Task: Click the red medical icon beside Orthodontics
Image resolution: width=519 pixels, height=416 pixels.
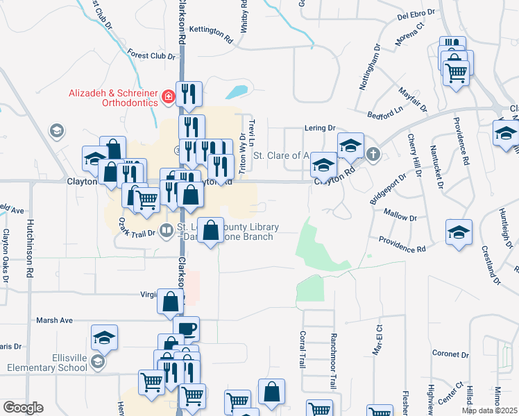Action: pos(167,97)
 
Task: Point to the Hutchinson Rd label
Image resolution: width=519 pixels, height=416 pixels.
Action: pos(30,250)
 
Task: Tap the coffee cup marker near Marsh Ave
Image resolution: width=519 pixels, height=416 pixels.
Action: pos(185,328)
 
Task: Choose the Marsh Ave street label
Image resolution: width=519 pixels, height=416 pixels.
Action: pos(56,320)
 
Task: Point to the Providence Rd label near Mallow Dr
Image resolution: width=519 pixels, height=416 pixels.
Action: pos(402,244)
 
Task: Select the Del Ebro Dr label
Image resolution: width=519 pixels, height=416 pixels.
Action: pos(416,14)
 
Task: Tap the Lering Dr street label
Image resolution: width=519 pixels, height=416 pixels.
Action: pos(320,128)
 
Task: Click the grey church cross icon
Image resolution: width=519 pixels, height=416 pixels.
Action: pos(373,153)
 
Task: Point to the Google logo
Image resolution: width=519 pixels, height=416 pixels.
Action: pos(24,408)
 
